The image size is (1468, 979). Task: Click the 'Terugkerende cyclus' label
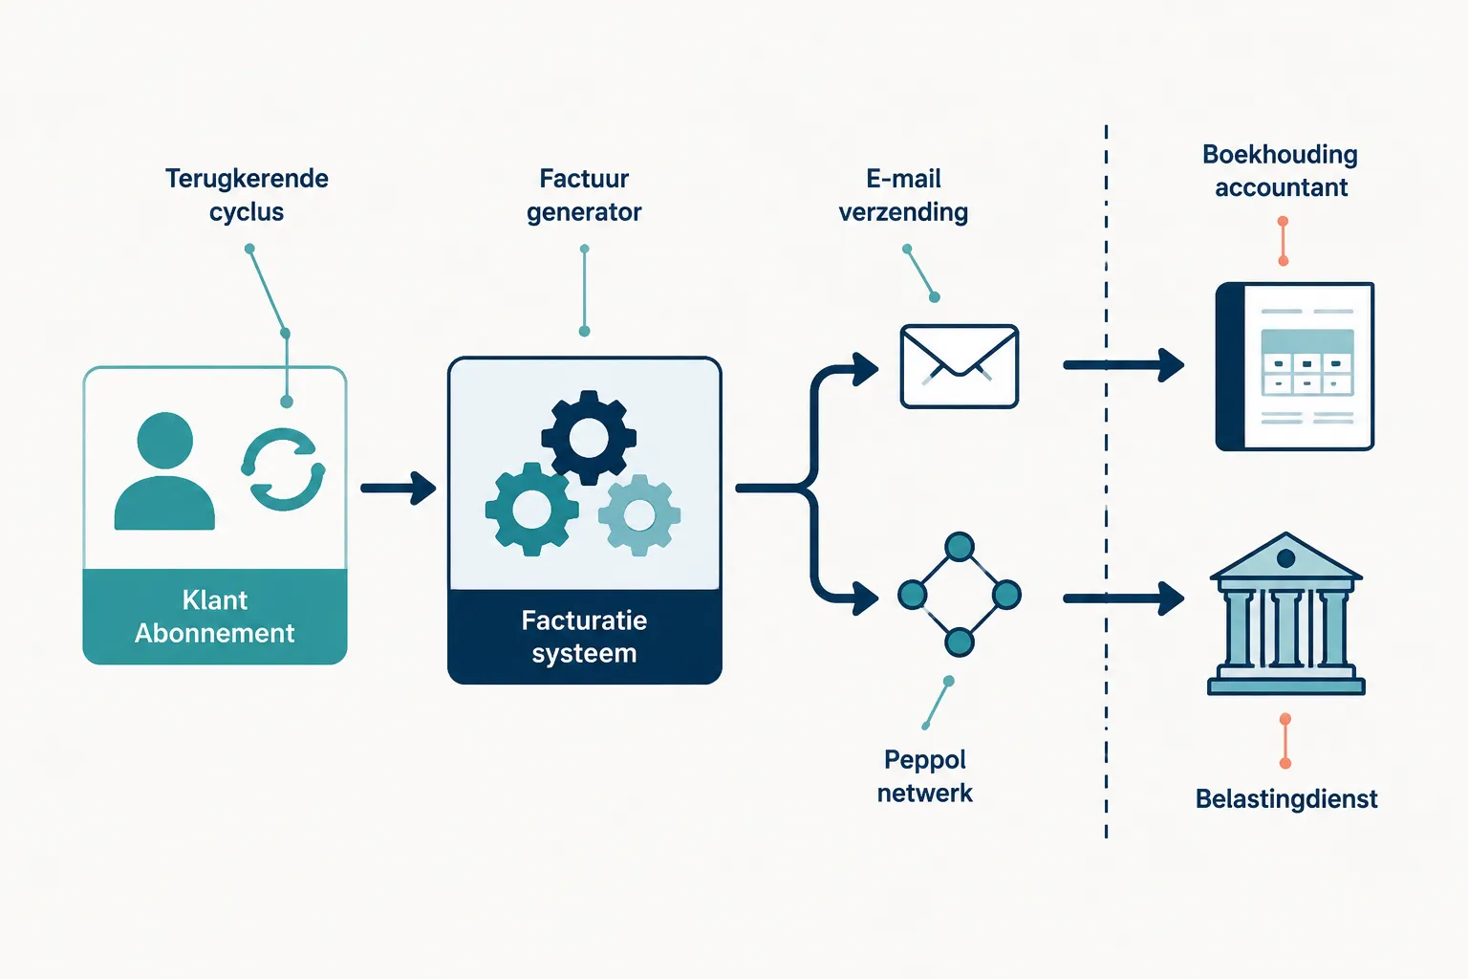247,195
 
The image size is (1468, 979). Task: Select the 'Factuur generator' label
584,195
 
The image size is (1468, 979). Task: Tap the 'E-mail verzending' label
903,195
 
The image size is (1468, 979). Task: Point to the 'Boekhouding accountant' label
1281,170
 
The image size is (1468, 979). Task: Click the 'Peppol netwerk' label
925,776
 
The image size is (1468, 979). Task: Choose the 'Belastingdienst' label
1286,798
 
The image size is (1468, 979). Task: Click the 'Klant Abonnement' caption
214,617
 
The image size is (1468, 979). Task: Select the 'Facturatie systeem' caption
584,636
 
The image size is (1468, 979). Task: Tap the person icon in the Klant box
164,470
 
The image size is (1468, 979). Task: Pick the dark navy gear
589,437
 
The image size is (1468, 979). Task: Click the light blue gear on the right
639,515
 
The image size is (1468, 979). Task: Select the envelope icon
960,366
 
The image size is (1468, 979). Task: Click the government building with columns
1285,613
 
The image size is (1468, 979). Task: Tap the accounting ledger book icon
1294,366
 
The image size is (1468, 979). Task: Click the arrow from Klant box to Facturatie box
399,488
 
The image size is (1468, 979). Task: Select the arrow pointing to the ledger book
1123,364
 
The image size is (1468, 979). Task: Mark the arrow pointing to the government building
1123,598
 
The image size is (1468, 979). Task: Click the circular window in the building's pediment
1285,558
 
